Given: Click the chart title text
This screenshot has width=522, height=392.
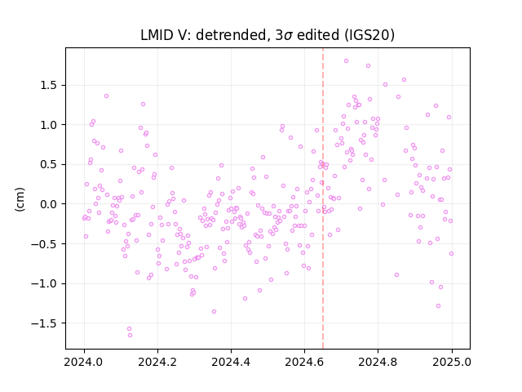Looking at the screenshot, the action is pyautogui.click(x=268, y=35).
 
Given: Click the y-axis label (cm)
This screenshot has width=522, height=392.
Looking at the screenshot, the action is pyautogui.click(x=20, y=199).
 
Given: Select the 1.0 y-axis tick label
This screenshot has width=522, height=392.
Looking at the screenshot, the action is pyautogui.click(x=50, y=125).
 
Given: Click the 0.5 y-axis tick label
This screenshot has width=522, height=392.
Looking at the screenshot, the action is pyautogui.click(x=50, y=165).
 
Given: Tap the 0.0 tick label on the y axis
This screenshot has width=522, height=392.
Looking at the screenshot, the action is pyautogui.click(x=50, y=204).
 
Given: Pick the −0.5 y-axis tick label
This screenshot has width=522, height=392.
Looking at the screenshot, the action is pyautogui.click(x=46, y=244).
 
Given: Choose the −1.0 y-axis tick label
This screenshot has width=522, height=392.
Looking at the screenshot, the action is pyautogui.click(x=46, y=283).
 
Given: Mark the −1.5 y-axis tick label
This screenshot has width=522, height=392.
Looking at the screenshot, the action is pyautogui.click(x=46, y=323).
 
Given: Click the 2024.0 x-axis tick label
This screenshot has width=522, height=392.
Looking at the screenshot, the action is pyautogui.click(x=84, y=362).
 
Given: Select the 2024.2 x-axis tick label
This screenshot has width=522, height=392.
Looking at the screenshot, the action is pyautogui.click(x=157, y=362).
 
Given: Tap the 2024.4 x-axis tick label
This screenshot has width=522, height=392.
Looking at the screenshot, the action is pyautogui.click(x=231, y=362).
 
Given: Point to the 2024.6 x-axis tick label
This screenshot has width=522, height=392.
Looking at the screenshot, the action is pyautogui.click(x=304, y=362).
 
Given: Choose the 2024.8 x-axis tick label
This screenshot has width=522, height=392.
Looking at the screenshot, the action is pyautogui.click(x=378, y=362).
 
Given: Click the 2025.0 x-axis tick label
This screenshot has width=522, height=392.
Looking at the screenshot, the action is pyautogui.click(x=452, y=362).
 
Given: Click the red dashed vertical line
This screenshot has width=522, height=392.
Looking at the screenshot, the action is pyautogui.click(x=323, y=198).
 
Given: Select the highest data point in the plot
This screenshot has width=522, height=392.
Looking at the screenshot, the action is pyautogui.click(x=346, y=61).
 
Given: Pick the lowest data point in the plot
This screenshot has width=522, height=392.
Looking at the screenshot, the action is pyautogui.click(x=130, y=336).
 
